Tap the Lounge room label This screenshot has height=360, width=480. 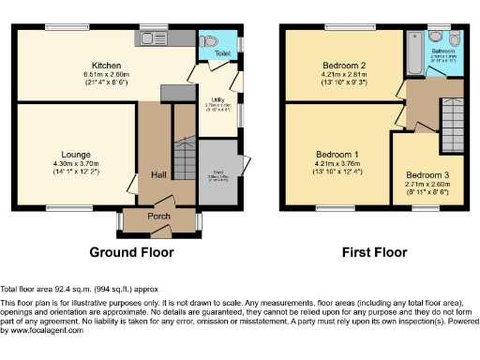click(x=76, y=154)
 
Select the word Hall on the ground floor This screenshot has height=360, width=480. click(x=158, y=174)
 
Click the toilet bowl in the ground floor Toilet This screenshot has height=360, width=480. click(x=209, y=42)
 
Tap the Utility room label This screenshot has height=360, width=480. click(x=216, y=99)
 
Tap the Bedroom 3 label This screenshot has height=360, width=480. click(x=427, y=174)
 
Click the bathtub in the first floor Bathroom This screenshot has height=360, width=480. click(x=413, y=47)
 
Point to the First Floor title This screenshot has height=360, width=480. click(x=374, y=252)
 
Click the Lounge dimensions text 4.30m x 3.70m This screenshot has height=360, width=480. click(x=76, y=163)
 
